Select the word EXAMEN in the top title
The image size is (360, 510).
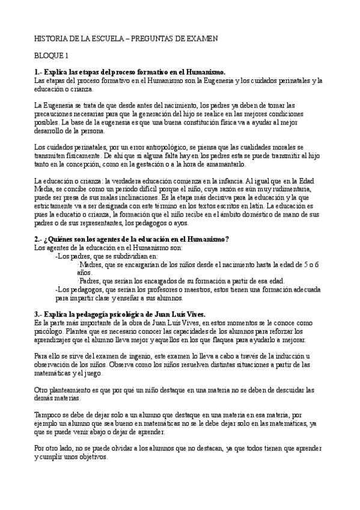[201, 38]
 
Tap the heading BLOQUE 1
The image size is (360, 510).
[51, 56]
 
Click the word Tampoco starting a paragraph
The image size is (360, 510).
[50, 414]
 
